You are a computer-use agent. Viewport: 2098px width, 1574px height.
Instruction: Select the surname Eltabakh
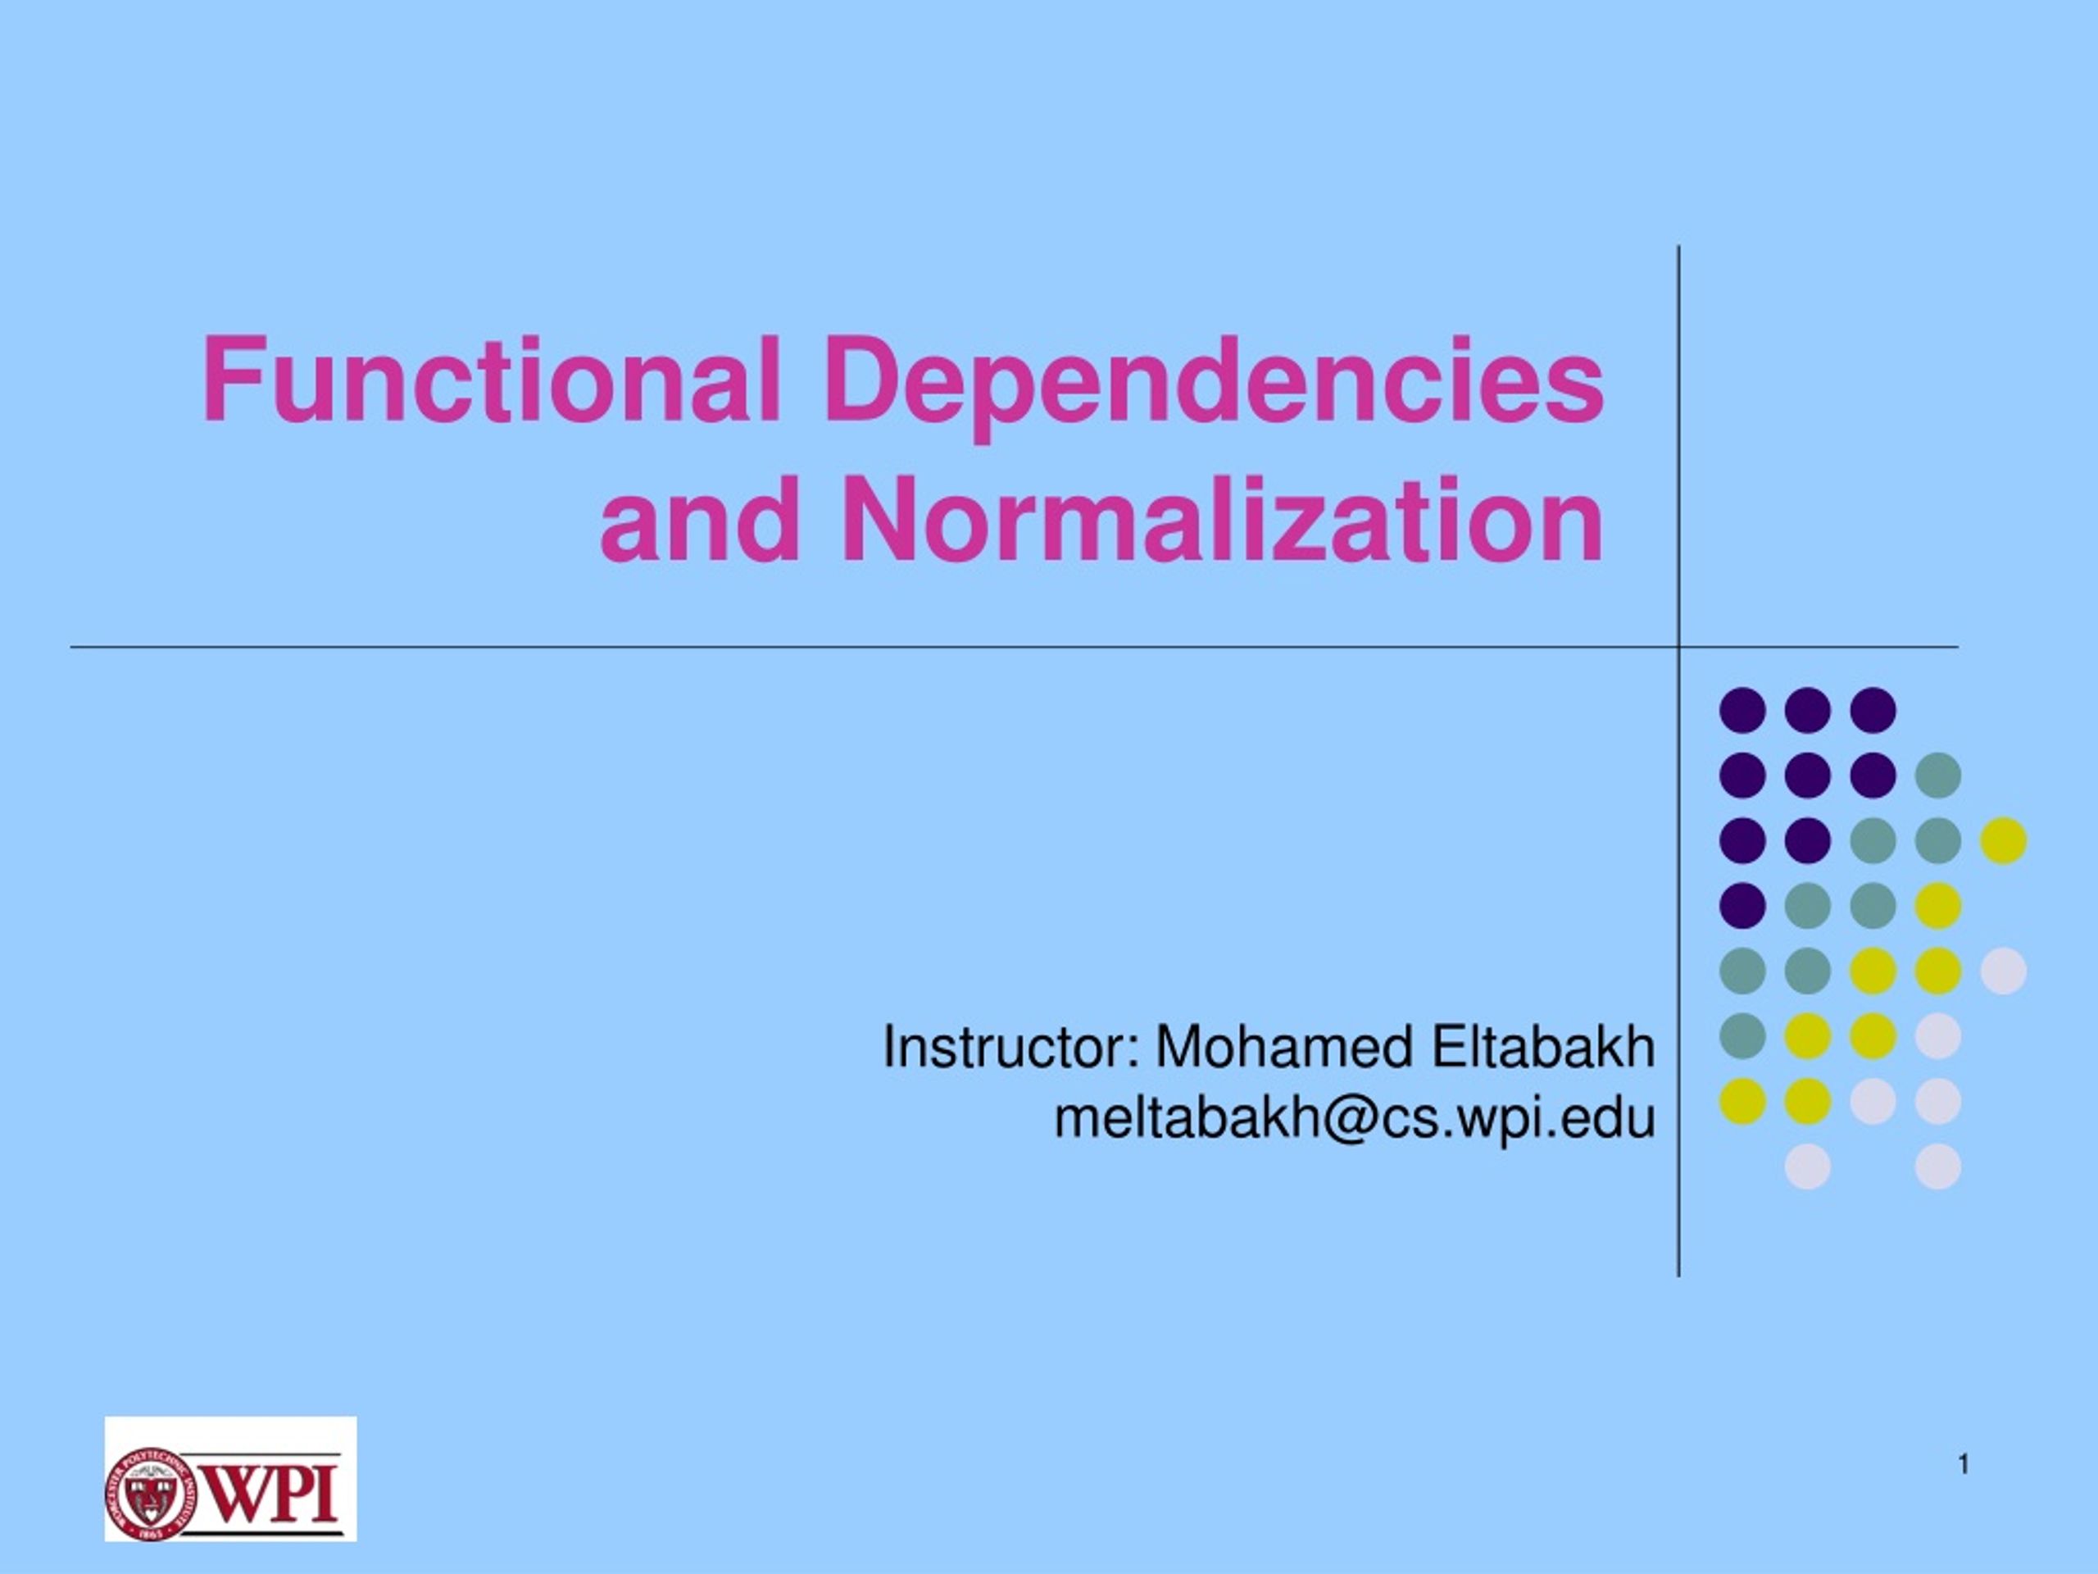pos(1543,1048)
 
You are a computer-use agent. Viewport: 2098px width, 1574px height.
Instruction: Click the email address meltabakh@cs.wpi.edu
pos(1355,1118)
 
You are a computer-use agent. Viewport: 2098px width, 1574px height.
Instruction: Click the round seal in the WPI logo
pos(150,1494)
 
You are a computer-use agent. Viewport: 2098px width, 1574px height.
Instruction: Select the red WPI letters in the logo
pos(269,1494)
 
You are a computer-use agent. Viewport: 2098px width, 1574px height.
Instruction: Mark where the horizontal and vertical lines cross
pos(1678,648)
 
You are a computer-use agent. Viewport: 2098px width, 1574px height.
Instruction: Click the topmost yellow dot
pos(2003,840)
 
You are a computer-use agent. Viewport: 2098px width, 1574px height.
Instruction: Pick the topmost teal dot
pos(1937,776)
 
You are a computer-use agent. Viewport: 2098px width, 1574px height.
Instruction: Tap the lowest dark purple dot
pos(1742,905)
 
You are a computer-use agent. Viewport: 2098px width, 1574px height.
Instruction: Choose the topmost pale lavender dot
pos(2003,971)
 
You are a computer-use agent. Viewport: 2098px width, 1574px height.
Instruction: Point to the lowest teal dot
pos(1742,1035)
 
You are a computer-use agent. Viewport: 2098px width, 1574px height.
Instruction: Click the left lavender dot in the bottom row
pos(1808,1166)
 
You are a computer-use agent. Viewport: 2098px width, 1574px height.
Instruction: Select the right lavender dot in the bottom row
pos(1937,1166)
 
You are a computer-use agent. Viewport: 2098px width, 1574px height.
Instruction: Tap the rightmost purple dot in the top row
pos(1873,711)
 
